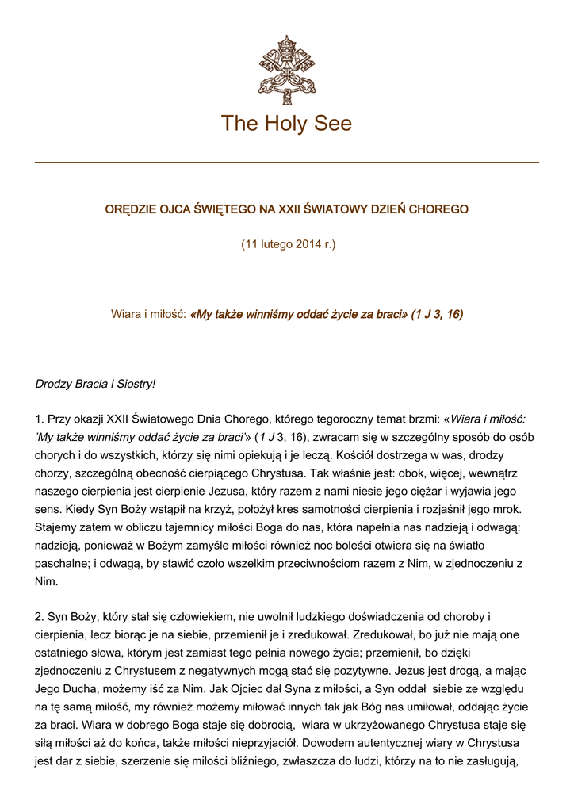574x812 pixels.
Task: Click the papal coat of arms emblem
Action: (x=286, y=70)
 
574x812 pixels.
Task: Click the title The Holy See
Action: (x=286, y=124)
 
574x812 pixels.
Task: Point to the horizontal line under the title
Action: (x=286, y=163)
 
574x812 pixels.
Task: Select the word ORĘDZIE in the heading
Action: (x=130, y=209)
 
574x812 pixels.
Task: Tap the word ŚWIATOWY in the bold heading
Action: (x=324, y=209)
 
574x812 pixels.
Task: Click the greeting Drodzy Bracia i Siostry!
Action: (x=95, y=384)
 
